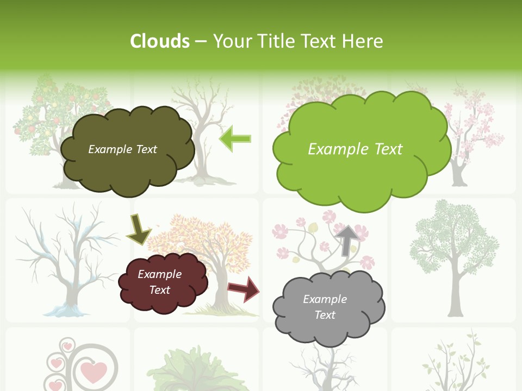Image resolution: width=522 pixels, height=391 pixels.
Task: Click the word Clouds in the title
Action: tap(160, 41)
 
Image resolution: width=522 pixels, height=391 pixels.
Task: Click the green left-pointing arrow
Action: tap(235, 138)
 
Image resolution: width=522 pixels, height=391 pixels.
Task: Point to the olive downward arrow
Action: tap(138, 229)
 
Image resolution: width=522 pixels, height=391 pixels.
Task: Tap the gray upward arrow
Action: tap(347, 239)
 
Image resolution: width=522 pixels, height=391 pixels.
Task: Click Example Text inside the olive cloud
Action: tap(122, 149)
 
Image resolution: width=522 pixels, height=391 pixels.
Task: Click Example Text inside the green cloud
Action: tap(355, 149)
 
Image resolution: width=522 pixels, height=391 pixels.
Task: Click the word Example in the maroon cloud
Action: tap(159, 274)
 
